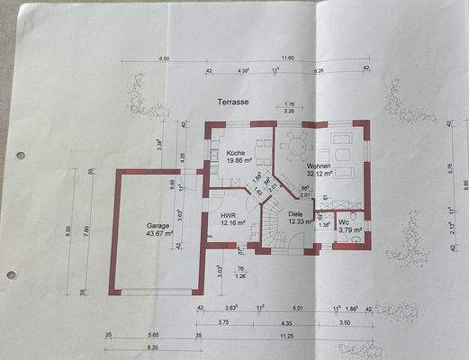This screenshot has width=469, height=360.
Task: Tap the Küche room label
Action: [237, 154]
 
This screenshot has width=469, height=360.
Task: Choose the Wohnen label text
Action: [320, 167]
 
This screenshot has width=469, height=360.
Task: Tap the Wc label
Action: [344, 222]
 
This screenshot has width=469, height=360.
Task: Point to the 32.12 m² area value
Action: [321, 176]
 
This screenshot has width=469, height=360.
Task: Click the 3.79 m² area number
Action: [349, 230]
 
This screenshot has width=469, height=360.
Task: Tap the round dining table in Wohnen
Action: [296, 143]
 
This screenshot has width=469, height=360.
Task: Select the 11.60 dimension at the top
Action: [287, 58]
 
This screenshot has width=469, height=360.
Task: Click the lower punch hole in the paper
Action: [10, 274]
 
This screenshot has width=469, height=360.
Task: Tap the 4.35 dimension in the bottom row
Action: [285, 322]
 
